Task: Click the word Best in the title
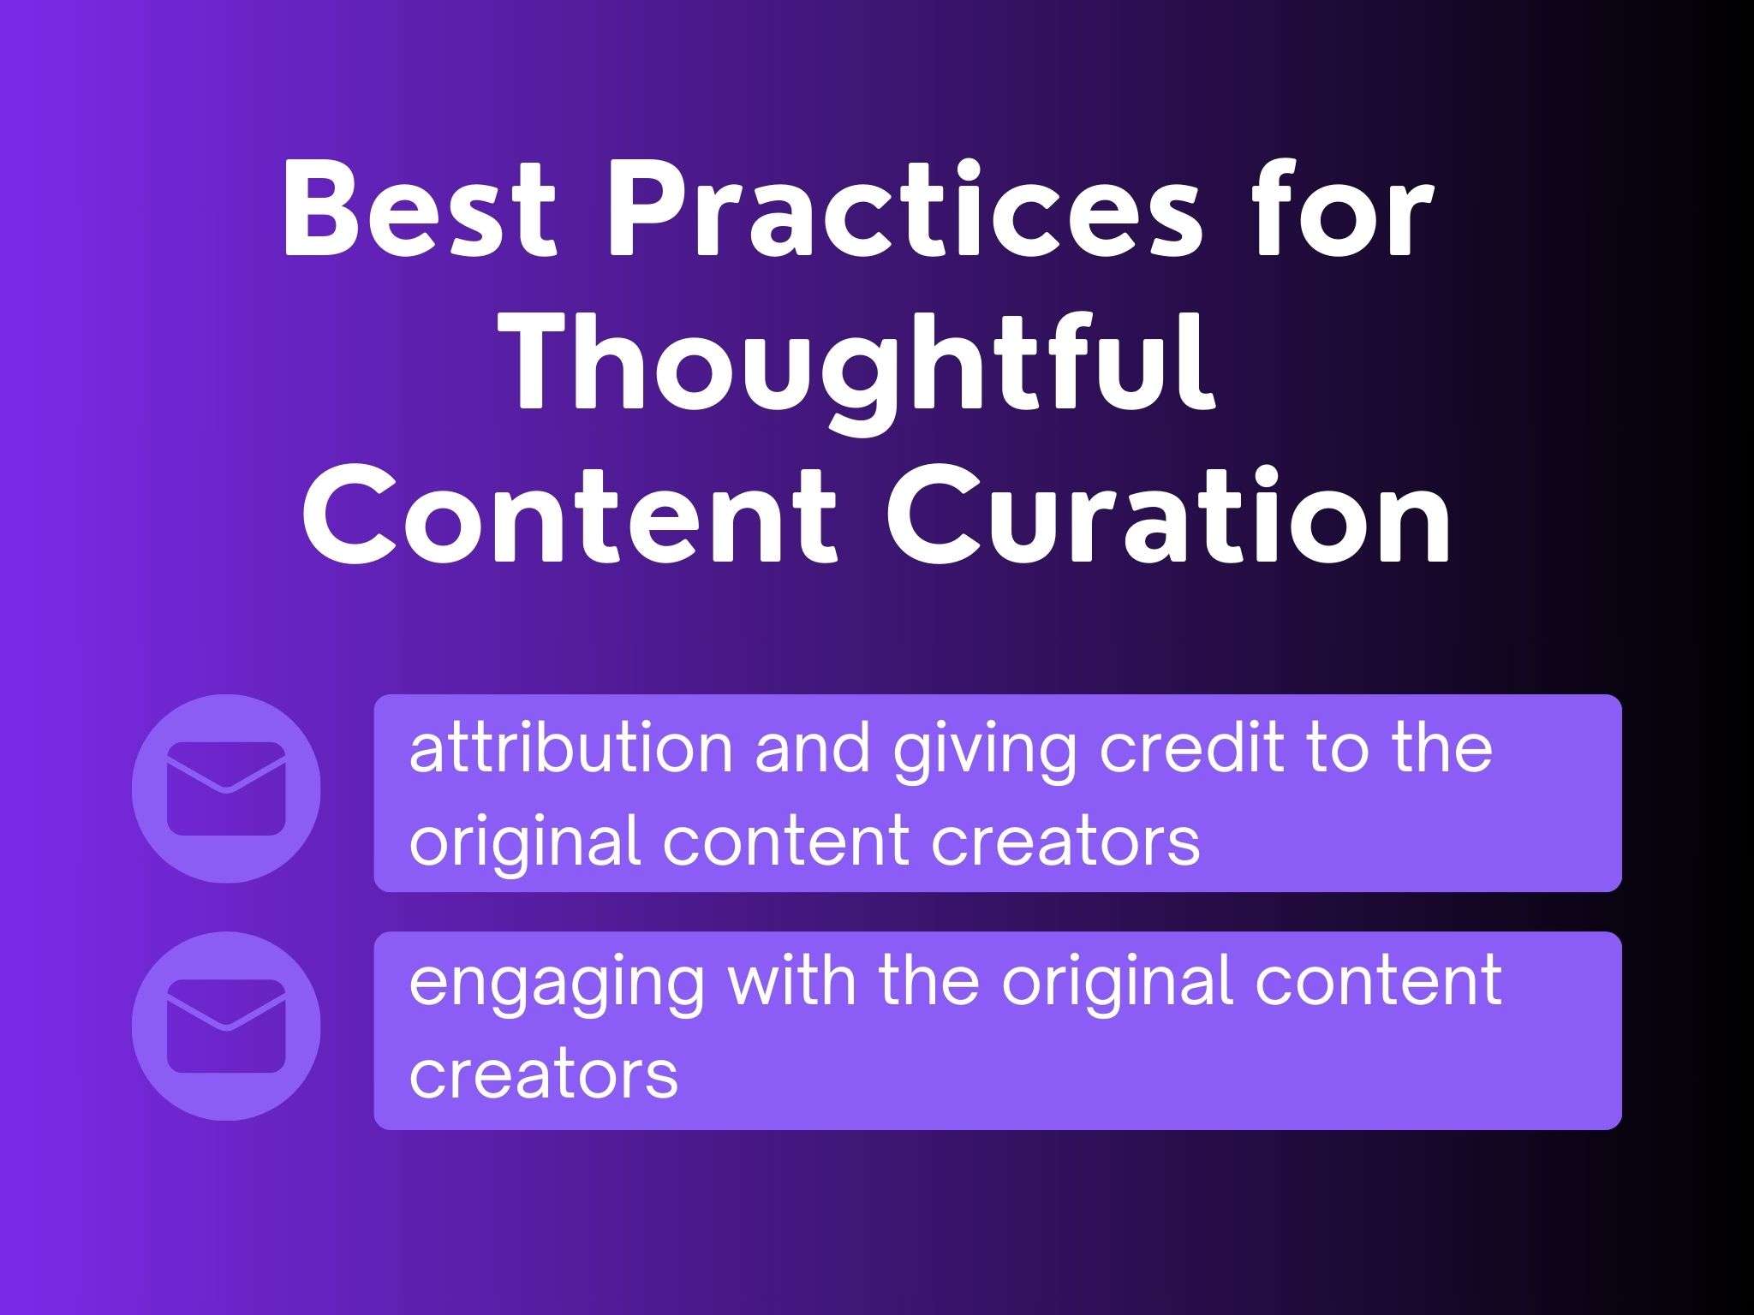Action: pos(419,209)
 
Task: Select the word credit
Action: pos(1191,748)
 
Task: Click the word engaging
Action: pos(557,985)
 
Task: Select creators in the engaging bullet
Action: pos(544,1074)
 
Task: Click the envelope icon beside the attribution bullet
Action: pos(226,788)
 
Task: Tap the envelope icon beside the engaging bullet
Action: pos(226,1026)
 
